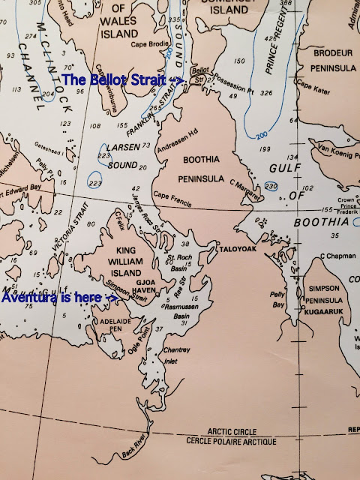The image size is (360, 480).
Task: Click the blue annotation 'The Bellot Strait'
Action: pos(115,79)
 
